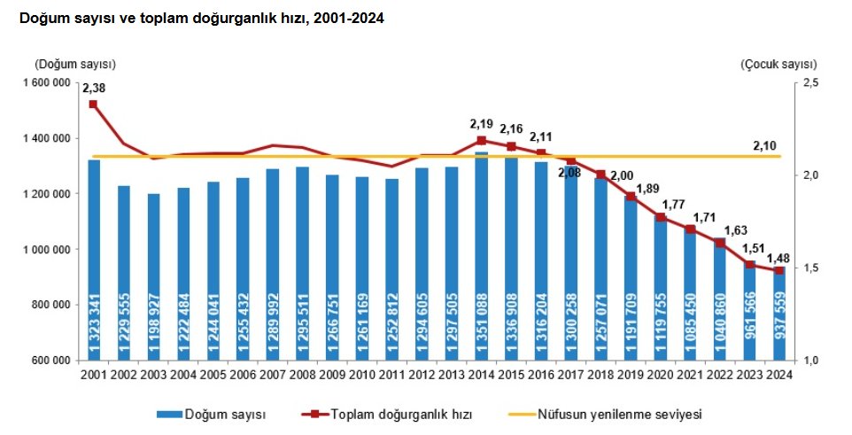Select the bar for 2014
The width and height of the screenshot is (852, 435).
[482, 256]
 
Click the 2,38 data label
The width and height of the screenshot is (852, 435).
[93, 88]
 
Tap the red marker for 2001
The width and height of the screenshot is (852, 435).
[94, 105]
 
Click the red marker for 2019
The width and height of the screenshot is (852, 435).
[631, 197]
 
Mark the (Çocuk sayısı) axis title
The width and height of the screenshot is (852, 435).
[778, 64]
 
